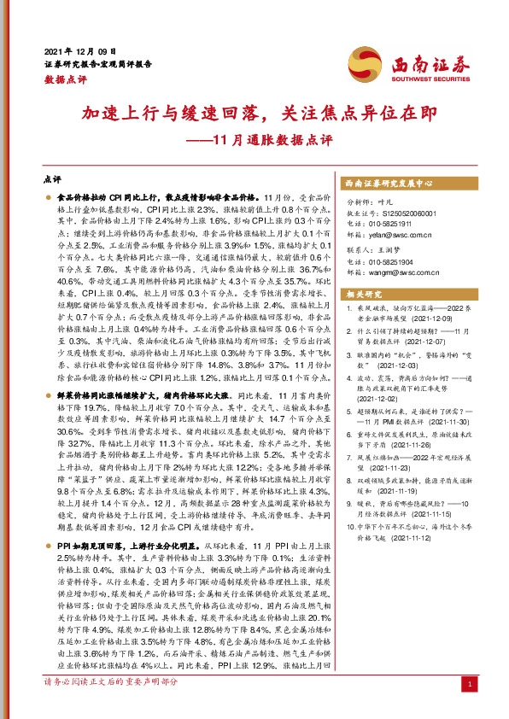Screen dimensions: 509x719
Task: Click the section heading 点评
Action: click(50, 180)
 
